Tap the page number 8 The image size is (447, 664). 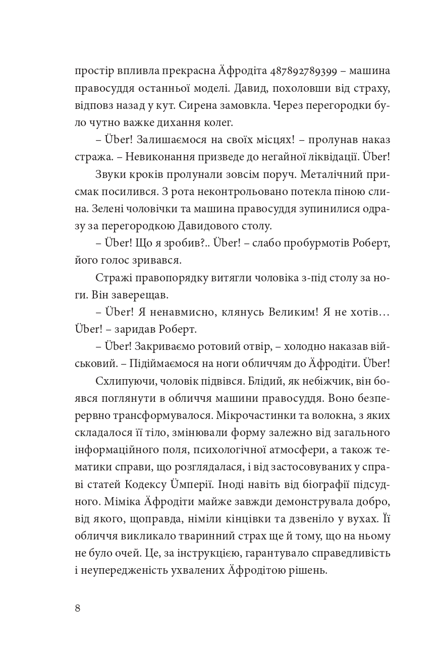(x=77, y=608)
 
